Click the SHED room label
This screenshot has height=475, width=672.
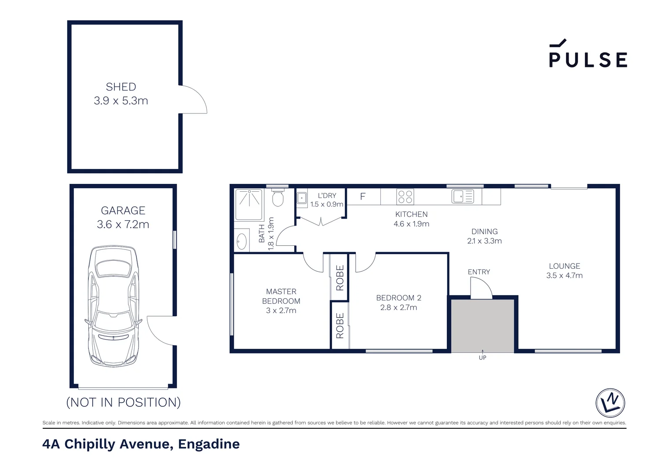tap(121, 87)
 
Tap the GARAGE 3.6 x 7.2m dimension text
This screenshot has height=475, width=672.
tap(123, 224)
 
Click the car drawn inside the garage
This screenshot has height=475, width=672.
tap(113, 306)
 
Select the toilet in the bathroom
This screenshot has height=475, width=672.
tap(278, 198)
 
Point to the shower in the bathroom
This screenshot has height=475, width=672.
tap(249, 205)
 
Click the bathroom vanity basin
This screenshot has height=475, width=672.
tap(241, 241)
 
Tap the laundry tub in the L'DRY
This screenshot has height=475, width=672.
tap(302, 198)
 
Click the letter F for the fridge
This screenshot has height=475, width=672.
tap(363, 197)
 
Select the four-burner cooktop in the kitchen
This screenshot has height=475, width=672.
tap(405, 197)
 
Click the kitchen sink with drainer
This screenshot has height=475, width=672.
tap(463, 196)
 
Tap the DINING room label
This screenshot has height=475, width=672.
tap(484, 232)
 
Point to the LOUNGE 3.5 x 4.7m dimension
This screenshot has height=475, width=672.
tap(564, 276)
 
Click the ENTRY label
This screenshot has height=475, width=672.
tap(478, 272)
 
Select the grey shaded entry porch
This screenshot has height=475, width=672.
tap(482, 325)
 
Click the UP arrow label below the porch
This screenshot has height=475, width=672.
tap(482, 358)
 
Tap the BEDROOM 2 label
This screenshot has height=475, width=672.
tap(398, 298)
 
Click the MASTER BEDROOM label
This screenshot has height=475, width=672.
tap(281, 296)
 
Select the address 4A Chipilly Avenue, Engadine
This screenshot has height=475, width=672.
tap(141, 444)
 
